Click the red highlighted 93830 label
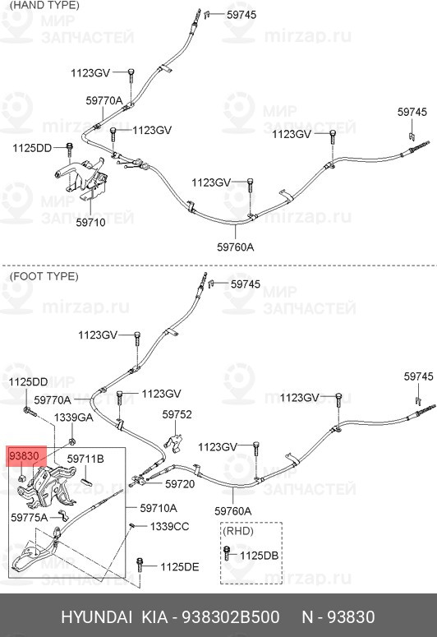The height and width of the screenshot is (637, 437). (24, 456)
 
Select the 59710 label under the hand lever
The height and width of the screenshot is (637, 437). (90, 222)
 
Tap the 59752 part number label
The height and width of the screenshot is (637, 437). (177, 414)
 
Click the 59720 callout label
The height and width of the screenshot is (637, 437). (180, 484)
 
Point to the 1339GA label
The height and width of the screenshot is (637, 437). (73, 418)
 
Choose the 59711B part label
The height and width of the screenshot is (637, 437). (85, 459)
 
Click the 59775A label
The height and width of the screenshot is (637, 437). (30, 517)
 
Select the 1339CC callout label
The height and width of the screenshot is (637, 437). (170, 527)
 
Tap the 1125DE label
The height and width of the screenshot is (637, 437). (180, 566)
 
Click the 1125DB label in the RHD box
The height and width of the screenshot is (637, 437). (259, 556)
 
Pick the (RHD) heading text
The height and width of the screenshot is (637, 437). (238, 531)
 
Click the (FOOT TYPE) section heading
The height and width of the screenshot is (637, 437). (44, 276)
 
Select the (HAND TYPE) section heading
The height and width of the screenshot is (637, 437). (44, 5)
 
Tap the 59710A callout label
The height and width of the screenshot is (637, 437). (159, 508)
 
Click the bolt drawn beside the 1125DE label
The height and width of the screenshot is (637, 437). (140, 565)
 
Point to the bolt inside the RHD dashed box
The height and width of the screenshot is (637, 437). (227, 553)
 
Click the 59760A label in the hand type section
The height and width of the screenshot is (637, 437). (236, 247)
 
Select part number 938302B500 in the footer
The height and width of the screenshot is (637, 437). (230, 617)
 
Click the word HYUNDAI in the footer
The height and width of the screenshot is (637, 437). (97, 617)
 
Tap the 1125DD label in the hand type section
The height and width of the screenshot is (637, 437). (32, 148)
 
